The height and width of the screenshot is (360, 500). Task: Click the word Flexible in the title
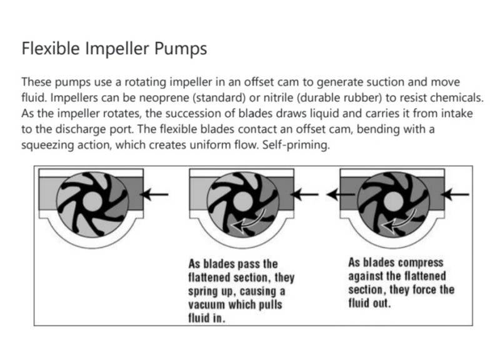coord(51,49)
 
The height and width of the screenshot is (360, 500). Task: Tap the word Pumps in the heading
coord(181,49)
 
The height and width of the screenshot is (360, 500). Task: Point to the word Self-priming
coord(296,145)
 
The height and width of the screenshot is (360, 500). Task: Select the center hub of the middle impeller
coord(243,201)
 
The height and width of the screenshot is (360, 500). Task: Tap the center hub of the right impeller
coord(394,201)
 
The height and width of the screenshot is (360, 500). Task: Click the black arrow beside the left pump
coord(154,194)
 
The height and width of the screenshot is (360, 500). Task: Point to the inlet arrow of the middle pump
coord(304,194)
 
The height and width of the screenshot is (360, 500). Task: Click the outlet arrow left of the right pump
coord(341,194)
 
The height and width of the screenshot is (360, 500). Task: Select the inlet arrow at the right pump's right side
coord(455,194)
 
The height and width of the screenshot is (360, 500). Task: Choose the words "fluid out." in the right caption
coord(369,303)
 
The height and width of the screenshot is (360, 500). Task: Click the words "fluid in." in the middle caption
coord(206,318)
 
